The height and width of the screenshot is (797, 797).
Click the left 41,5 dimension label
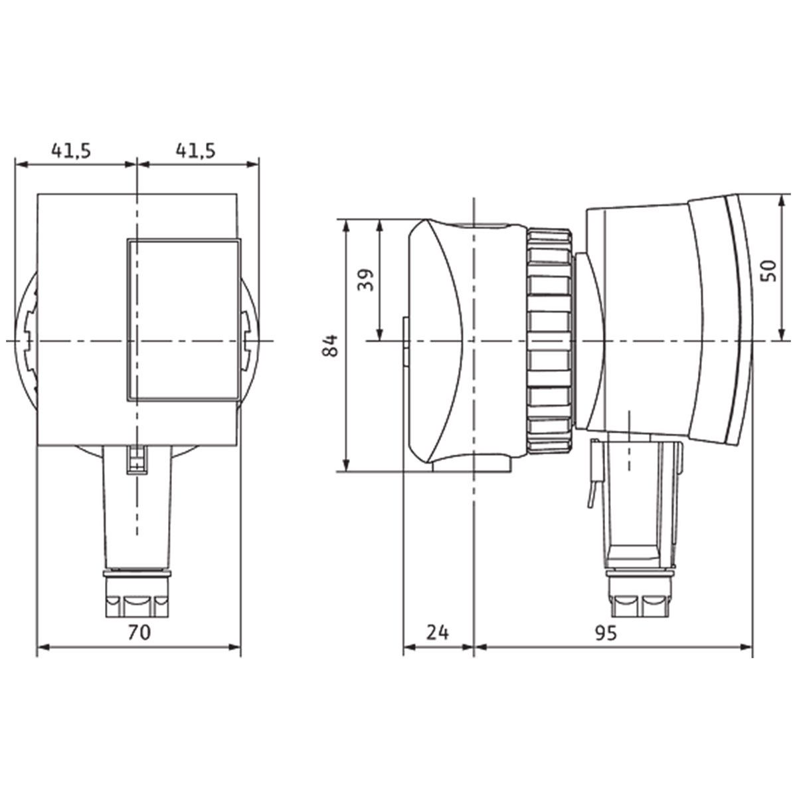[70, 151]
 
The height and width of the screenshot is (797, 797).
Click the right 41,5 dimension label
[196, 151]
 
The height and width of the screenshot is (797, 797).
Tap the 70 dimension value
[139, 632]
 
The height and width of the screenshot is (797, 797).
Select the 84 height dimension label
[331, 345]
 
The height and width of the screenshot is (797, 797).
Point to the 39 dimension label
[365, 280]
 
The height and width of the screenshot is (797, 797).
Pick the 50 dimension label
[768, 270]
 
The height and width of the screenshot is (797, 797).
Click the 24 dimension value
[437, 632]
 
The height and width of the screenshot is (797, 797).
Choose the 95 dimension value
[606, 632]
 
